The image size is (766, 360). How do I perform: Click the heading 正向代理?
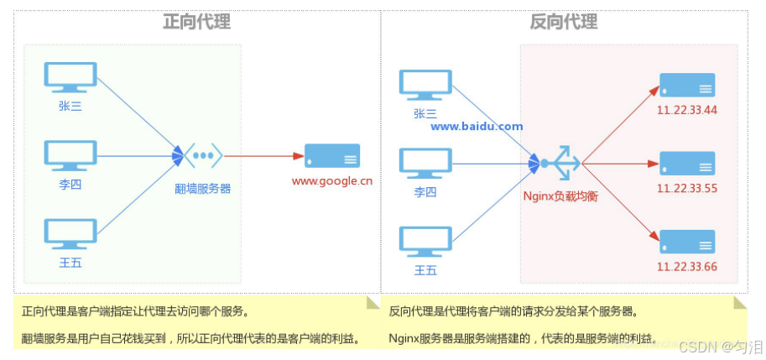[196, 21]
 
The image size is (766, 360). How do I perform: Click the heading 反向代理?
[564, 21]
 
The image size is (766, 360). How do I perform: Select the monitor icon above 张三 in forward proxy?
[70, 77]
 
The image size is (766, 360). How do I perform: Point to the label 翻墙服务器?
[203, 189]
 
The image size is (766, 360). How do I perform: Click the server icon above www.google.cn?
[331, 156]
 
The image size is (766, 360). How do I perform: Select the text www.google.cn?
[331, 180]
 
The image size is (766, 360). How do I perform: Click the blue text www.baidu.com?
[477, 127]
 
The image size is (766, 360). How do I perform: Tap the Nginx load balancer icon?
[560, 162]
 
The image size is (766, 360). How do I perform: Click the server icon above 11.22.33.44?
[686, 85]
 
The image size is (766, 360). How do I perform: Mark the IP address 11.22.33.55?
[687, 188]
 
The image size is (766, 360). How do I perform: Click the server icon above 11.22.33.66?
[686, 241]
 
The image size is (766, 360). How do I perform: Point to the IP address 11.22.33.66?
[687, 266]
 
